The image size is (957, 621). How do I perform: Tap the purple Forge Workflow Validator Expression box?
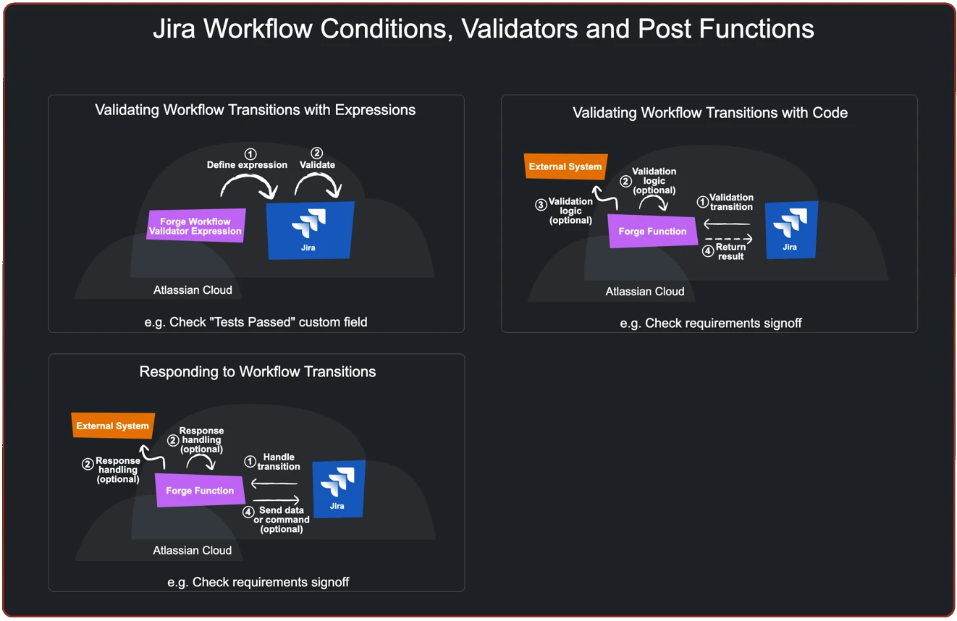(195, 226)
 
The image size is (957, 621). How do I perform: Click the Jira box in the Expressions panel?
(310, 230)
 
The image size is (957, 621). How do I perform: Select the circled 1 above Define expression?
(250, 154)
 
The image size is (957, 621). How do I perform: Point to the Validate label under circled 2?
(317, 165)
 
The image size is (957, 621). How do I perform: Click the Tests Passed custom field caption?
(256, 322)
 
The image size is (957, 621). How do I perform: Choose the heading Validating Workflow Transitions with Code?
(709, 113)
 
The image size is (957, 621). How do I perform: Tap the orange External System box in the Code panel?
(565, 166)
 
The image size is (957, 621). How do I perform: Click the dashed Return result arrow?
(728, 239)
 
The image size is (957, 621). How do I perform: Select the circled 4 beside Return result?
(708, 251)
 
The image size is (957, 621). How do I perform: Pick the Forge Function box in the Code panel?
(652, 232)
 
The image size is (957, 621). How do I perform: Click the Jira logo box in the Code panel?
(791, 229)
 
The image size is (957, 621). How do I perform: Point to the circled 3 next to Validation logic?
(541, 205)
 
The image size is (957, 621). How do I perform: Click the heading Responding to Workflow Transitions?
(257, 372)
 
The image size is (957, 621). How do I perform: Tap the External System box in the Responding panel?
(112, 426)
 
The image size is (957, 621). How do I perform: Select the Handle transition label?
(279, 462)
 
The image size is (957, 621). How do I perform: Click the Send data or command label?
(282, 520)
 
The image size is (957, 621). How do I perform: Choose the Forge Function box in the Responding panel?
(200, 491)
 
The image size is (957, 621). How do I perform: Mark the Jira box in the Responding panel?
(338, 489)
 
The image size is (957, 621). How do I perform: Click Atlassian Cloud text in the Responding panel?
(193, 551)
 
